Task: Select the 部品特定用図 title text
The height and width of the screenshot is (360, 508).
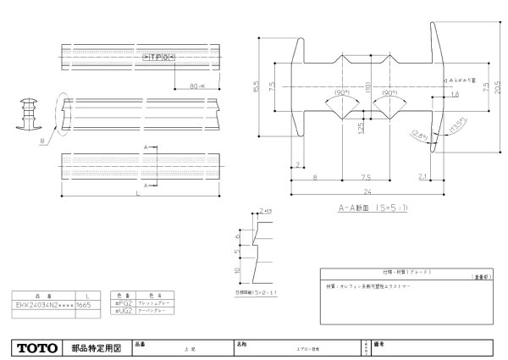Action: tap(97, 347)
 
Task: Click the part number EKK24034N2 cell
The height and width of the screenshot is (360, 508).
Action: tap(42, 302)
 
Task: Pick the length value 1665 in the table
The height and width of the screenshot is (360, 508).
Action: tap(86, 302)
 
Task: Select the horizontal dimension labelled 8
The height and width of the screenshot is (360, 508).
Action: tap(315, 177)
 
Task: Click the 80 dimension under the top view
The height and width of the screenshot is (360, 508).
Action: tap(194, 85)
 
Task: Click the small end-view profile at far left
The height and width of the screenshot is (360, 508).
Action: tap(28, 114)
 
